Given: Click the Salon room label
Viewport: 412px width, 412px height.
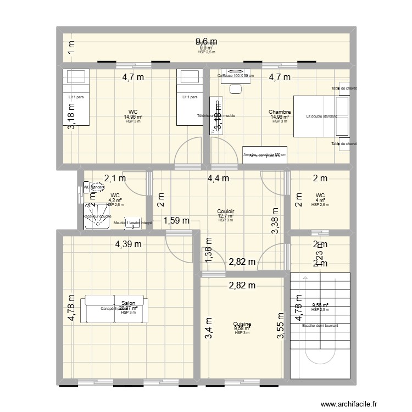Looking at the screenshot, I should (129, 303).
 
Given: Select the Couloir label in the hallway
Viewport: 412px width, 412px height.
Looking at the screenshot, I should (226, 211).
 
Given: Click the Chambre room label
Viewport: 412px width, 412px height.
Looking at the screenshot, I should (280, 112).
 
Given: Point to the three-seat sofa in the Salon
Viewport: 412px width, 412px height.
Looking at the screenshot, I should (114, 310).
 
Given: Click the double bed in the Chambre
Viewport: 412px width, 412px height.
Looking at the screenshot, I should (321, 116).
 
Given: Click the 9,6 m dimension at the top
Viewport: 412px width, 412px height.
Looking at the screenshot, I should (207, 41).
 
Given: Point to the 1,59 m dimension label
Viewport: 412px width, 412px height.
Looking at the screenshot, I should (176, 221).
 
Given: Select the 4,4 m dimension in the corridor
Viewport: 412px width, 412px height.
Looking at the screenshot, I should (218, 177).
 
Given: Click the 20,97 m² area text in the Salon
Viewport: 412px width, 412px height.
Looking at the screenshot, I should (128, 308).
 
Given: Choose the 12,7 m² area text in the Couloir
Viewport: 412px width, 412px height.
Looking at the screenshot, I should (226, 216).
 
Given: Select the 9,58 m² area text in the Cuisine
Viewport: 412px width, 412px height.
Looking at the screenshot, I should (242, 329).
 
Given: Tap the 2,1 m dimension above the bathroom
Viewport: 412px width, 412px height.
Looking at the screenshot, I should (115, 177).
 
